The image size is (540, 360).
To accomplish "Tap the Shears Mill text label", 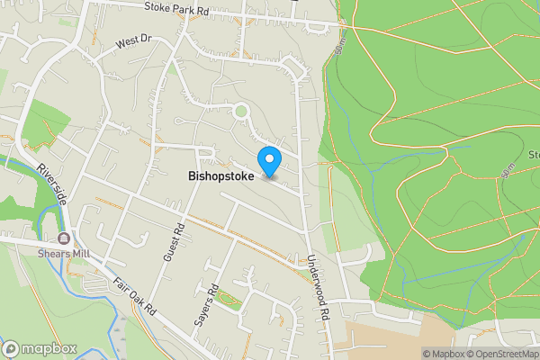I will [62, 253].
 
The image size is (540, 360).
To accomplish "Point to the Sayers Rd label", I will [206, 305].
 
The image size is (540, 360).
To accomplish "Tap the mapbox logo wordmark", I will [40, 349].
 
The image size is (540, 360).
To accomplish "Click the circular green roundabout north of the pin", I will [240, 112].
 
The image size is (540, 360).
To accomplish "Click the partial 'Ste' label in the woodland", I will [532, 153].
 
